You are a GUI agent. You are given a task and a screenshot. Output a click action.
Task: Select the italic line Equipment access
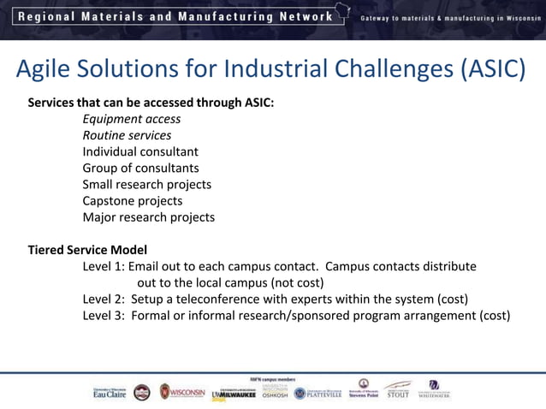click(131, 120)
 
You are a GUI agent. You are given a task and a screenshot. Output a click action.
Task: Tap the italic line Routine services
click(127, 136)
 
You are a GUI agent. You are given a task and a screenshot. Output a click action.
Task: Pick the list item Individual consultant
click(140, 152)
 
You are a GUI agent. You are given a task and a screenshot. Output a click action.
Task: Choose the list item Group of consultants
click(140, 169)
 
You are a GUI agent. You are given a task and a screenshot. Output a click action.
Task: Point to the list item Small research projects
click(146, 185)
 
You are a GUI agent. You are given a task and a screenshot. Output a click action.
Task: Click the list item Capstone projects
click(133, 201)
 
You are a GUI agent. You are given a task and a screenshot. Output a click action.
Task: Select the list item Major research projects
click(148, 217)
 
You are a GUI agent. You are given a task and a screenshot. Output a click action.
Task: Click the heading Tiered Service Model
click(87, 251)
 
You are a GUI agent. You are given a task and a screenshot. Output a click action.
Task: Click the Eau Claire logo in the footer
click(110, 392)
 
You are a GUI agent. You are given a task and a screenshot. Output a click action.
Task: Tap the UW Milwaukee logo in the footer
click(233, 393)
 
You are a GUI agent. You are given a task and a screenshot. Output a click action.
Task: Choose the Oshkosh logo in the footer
click(276, 392)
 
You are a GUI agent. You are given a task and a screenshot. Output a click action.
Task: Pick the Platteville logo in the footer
click(318, 393)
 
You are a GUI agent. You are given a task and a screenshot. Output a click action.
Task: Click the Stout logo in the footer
click(397, 391)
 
